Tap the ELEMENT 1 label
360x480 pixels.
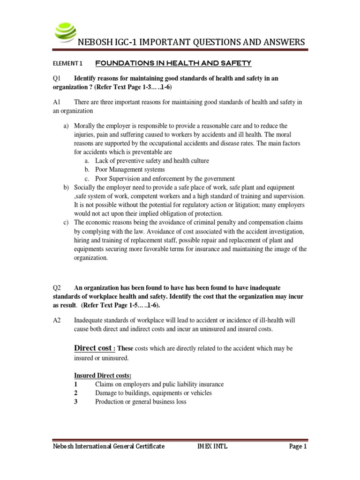68,63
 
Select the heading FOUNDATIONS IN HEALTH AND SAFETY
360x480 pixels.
173,63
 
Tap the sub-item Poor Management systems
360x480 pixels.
130,170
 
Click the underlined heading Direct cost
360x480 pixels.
93,348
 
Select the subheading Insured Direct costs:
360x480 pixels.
103,376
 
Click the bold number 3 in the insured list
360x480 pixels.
75,402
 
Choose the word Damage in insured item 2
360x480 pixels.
106,393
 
